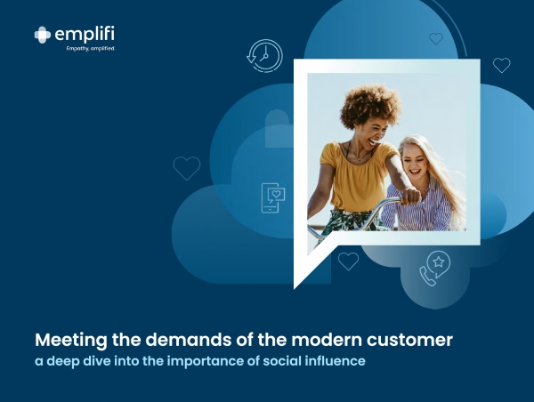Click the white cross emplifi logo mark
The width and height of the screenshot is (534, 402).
point(42,35)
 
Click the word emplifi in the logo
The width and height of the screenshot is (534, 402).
point(85,35)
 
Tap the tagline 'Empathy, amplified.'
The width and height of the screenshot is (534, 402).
point(91,49)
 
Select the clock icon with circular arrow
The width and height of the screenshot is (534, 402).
point(264,56)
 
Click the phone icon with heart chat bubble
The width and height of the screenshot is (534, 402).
point(273,198)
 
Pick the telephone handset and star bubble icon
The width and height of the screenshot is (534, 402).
point(434,269)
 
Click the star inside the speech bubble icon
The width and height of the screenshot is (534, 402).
point(438,261)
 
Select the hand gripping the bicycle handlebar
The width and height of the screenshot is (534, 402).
point(410,197)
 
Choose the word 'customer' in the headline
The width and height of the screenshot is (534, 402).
point(409,340)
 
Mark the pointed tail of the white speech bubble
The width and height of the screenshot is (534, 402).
point(295,288)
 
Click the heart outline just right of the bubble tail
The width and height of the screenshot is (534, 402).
point(348,261)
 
